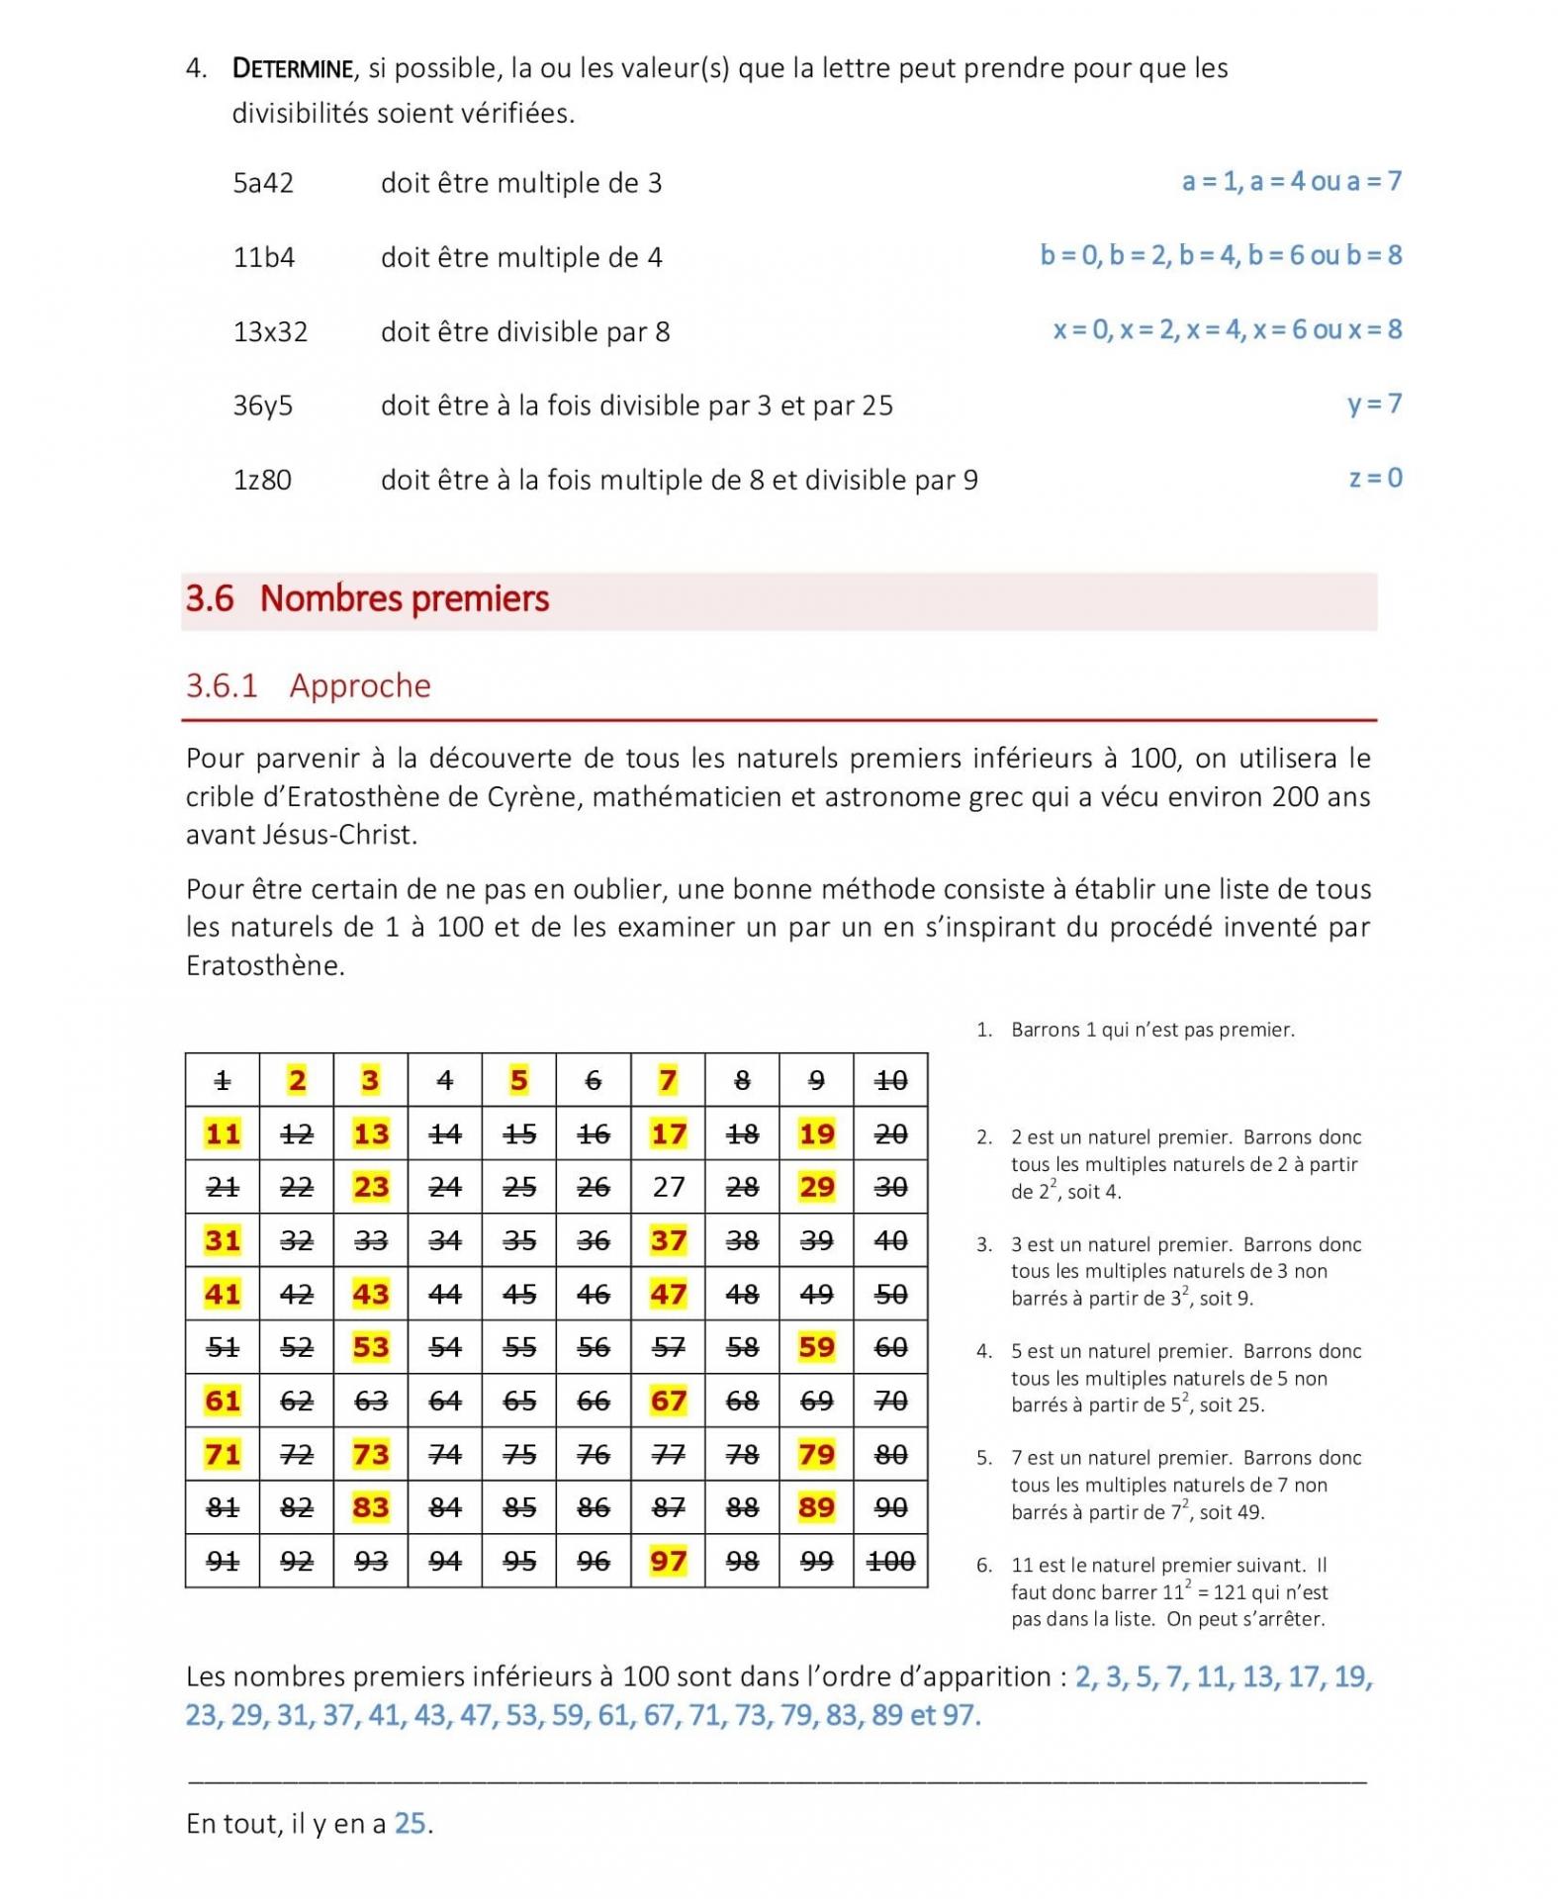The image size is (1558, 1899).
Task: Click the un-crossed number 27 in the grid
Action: [x=668, y=1187]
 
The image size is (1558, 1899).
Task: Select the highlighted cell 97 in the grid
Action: [x=668, y=1561]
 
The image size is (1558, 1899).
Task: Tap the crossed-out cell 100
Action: [x=890, y=1561]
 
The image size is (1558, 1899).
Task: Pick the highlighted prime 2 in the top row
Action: [x=297, y=1080]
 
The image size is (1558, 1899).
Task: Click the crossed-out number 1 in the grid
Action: [x=223, y=1080]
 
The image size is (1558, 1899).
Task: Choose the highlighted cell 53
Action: [x=371, y=1347]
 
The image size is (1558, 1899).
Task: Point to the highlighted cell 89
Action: [x=816, y=1507]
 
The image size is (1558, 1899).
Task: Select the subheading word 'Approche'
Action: [x=360, y=685]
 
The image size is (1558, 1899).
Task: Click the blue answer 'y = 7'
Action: [x=1374, y=404]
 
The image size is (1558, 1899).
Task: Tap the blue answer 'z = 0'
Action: [x=1375, y=478]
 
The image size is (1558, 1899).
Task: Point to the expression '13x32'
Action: [x=270, y=331]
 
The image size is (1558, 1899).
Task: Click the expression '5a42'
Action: [x=263, y=183]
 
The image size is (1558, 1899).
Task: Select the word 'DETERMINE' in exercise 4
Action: [x=292, y=68]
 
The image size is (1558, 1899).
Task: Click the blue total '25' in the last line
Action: [x=411, y=1823]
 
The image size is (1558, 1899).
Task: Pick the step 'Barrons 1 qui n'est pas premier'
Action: [x=1152, y=1030]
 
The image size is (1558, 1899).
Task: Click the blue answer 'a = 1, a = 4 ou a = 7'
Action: [x=1291, y=181]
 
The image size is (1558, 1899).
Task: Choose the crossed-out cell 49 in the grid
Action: [x=816, y=1294]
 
